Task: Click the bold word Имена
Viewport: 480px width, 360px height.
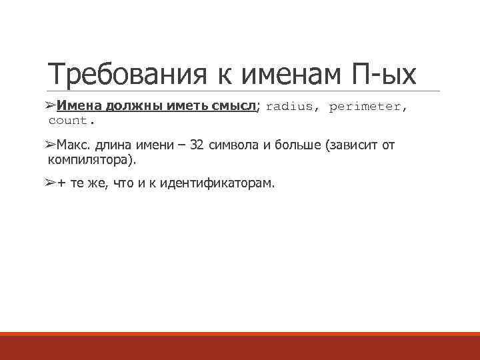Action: point(77,107)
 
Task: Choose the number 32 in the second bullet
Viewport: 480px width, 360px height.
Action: point(198,146)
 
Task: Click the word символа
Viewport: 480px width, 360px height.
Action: point(233,146)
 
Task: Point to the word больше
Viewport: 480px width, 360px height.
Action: point(297,146)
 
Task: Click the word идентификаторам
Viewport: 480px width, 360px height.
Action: point(213,185)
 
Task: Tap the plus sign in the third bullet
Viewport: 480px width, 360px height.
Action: point(61,185)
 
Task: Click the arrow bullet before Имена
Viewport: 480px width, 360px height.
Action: point(51,107)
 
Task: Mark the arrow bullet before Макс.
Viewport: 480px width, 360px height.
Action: point(51,146)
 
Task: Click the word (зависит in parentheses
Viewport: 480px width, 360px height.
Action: point(351,146)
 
